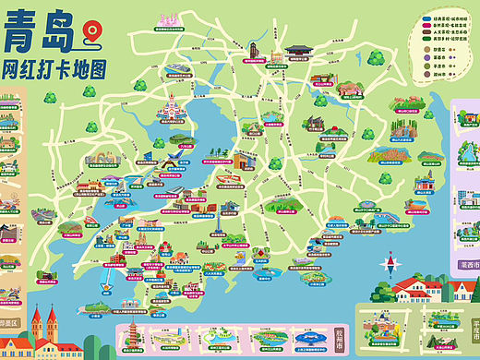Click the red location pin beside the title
[90, 33]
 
